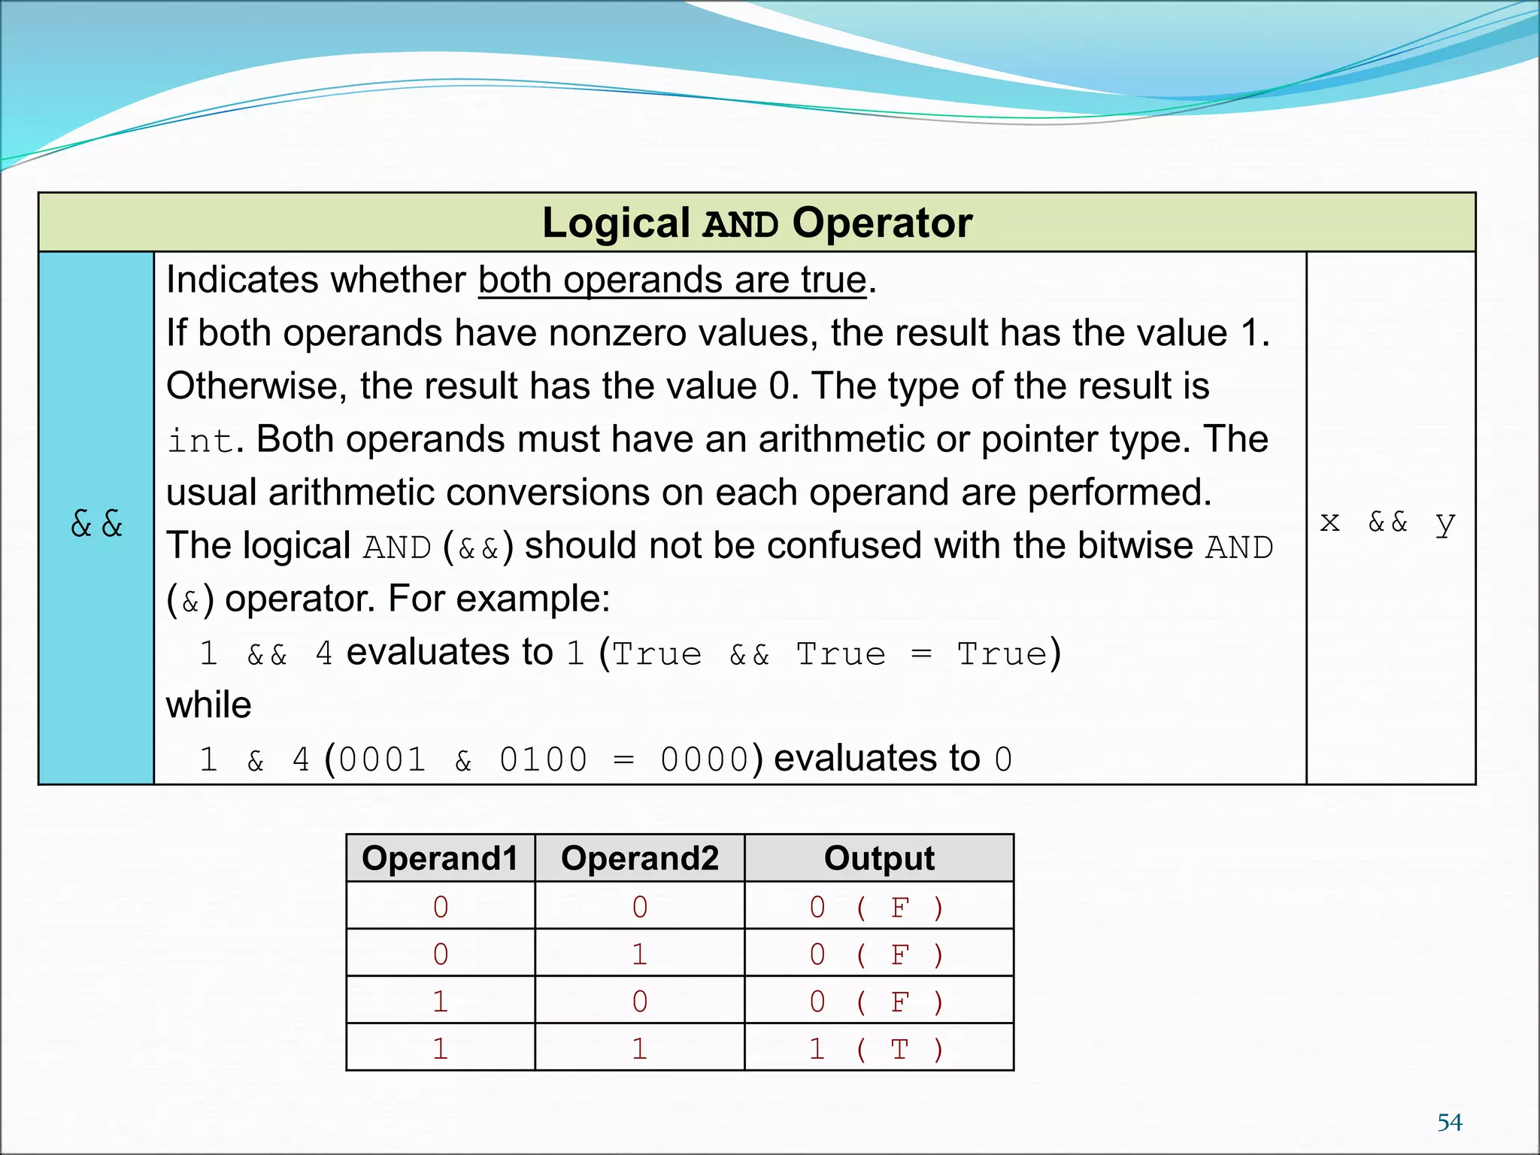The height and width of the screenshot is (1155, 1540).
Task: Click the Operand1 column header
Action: tap(440, 858)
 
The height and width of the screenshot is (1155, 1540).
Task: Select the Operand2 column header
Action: tap(639, 858)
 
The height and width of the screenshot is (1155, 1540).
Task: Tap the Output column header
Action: tap(878, 858)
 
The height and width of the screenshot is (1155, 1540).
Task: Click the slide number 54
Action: tap(1449, 1122)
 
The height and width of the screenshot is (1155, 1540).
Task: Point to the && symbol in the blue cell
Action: tap(96, 523)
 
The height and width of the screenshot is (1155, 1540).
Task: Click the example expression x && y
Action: tap(1387, 521)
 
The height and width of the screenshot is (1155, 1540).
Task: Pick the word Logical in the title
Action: tap(616, 223)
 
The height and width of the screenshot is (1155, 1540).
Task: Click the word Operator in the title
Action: tap(882, 223)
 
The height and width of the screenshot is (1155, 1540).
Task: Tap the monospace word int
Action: tap(200, 441)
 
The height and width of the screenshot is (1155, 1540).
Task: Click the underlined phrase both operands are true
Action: tap(672, 280)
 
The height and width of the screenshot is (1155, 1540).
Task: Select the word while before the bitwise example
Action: tap(208, 705)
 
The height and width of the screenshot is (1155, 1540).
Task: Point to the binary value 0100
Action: tap(543, 759)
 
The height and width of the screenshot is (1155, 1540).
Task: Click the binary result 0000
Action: tap(704, 759)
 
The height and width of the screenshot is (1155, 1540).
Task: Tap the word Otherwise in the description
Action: tap(256, 387)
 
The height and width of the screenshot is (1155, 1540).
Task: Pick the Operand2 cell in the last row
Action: tap(639, 1048)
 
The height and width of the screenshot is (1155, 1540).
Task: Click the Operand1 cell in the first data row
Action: tap(440, 907)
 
